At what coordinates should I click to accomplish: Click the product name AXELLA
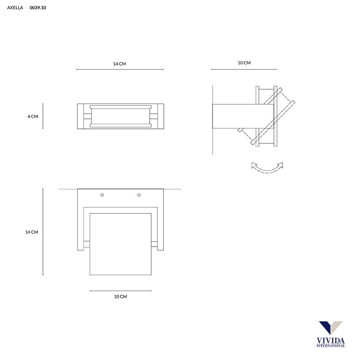click(15, 8)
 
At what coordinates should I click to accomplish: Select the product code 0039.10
click(38, 8)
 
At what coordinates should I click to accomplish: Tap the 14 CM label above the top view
click(120, 64)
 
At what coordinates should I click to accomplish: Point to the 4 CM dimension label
click(32, 116)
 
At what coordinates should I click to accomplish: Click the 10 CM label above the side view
click(244, 63)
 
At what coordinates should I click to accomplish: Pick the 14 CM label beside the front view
click(32, 232)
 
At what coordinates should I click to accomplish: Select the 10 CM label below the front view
click(120, 297)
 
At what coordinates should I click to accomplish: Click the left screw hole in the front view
click(102, 195)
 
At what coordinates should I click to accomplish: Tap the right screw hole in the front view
click(139, 195)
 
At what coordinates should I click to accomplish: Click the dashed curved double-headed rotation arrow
click(267, 168)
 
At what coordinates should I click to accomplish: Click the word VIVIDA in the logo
click(330, 341)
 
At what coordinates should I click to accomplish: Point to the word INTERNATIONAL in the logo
click(330, 346)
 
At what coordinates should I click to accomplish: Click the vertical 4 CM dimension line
click(43, 116)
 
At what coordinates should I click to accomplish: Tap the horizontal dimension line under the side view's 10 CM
click(244, 69)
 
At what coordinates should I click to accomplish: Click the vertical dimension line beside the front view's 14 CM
click(43, 232)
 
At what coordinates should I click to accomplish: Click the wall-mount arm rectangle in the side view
click(243, 116)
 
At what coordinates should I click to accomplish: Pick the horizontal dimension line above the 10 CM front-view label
click(121, 291)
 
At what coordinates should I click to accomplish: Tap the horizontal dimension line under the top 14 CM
click(120, 69)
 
